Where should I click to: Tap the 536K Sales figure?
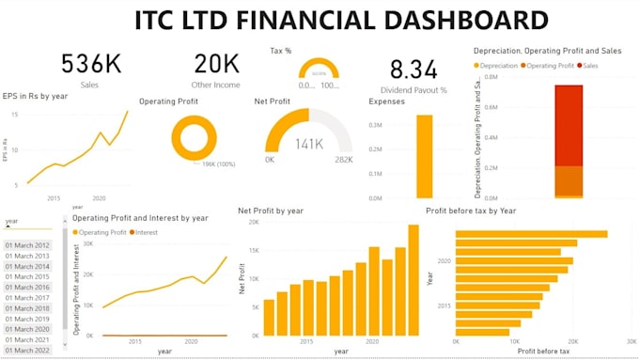pyautogui.click(x=91, y=63)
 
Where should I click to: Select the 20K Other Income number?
pyautogui.click(x=217, y=63)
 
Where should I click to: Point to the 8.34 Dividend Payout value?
pyautogui.click(x=413, y=69)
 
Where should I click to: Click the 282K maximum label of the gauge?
pyautogui.click(x=344, y=160)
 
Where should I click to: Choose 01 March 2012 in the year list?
pyautogui.click(x=27, y=245)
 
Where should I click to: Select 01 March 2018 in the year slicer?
pyautogui.click(x=27, y=308)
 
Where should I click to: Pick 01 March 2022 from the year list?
pyautogui.click(x=27, y=350)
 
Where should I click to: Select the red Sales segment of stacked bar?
pyautogui.click(x=569, y=125)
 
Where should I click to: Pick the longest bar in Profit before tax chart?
pyautogui.click(x=531, y=234)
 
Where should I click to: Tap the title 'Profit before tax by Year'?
pyautogui.click(x=484, y=211)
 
